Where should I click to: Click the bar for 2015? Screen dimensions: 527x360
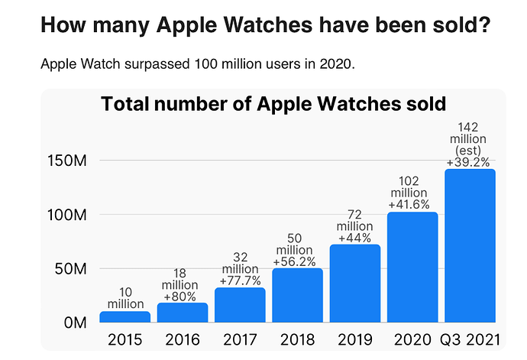[125, 317]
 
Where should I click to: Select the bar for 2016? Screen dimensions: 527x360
[183, 313]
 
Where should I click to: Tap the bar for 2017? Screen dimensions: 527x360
[240, 305]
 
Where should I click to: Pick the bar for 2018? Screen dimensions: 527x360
[297, 295]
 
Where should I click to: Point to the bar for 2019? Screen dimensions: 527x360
[355, 284]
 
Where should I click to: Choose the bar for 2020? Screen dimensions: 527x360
[412, 268]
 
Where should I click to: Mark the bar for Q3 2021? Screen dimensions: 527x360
[470, 245]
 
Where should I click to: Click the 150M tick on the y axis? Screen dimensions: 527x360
[67, 161]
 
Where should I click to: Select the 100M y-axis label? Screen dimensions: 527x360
[67, 215]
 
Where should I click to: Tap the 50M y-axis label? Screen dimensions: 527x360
[70, 269]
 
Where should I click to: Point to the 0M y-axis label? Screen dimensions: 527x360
[76, 323]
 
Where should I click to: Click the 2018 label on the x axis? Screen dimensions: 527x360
[297, 340]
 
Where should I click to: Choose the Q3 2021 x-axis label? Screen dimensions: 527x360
[470, 340]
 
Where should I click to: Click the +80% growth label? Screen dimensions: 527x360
[179, 297]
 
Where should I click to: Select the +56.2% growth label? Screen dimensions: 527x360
[294, 261]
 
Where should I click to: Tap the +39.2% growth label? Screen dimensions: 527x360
[468, 163]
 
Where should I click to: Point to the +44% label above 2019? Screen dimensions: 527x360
[354, 238]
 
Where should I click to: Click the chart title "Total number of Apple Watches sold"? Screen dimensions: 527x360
[273, 104]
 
